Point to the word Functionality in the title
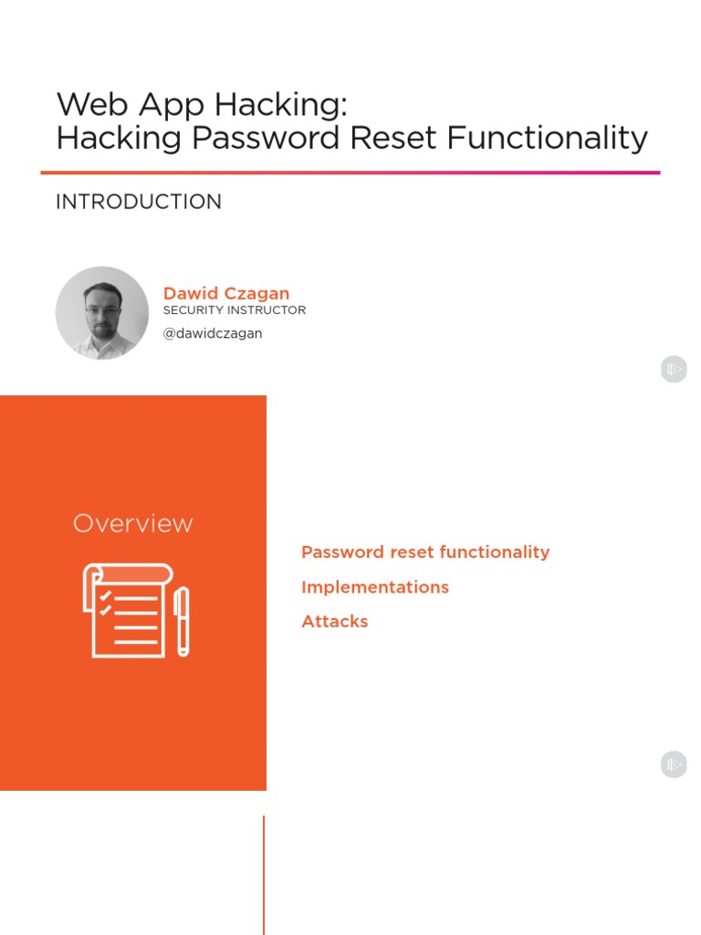click(x=548, y=138)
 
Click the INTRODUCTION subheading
click(x=139, y=202)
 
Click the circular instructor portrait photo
click(x=102, y=313)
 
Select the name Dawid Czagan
click(x=226, y=293)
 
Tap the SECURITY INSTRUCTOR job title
click(x=235, y=310)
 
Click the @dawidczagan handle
click(x=213, y=333)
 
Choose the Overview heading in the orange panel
click(x=133, y=523)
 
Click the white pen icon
click(x=182, y=621)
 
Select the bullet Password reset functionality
click(x=425, y=552)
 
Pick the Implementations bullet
click(x=375, y=587)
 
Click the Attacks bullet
click(x=335, y=622)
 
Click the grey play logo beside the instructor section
click(x=674, y=369)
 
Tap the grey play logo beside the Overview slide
click(x=674, y=764)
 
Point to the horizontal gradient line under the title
click(x=350, y=172)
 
